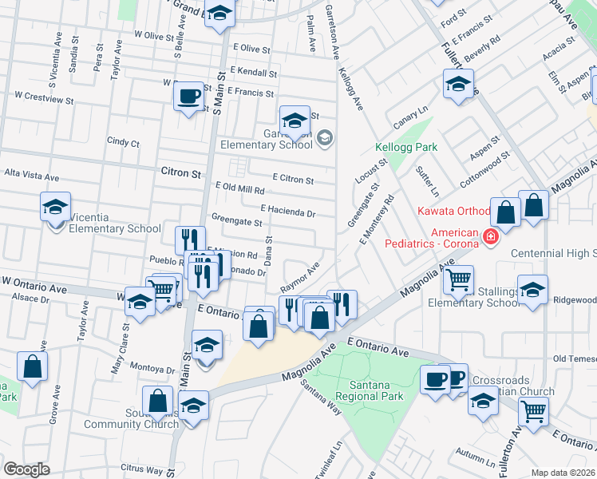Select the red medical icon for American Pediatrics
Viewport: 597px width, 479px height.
pyautogui.click(x=489, y=236)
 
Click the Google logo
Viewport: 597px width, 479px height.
pyautogui.click(x=27, y=469)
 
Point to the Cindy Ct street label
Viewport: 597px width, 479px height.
pyautogui.click(x=123, y=143)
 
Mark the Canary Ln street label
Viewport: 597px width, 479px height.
pyautogui.click(x=412, y=121)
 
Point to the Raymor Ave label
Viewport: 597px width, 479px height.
pyautogui.click(x=300, y=277)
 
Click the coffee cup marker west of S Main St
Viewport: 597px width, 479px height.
pyautogui.click(x=189, y=97)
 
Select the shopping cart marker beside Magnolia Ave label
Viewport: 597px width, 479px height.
pyautogui.click(x=458, y=280)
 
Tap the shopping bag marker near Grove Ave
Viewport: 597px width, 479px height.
pyautogui.click(x=32, y=367)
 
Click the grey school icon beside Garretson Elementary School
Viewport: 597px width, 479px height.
pyautogui.click(x=324, y=138)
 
